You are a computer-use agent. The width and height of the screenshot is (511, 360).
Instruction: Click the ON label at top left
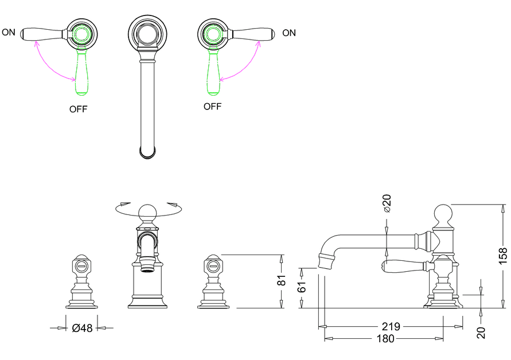pos(9,32)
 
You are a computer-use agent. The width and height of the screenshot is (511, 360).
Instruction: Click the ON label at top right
pos(289,33)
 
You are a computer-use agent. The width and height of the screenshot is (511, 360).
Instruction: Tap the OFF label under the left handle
pos(79,109)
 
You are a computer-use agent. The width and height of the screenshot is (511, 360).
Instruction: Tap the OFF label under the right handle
pos(212,107)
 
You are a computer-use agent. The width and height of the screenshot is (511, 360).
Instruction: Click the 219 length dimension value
pos(392,327)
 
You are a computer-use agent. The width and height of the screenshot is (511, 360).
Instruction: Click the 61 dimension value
pos(302,287)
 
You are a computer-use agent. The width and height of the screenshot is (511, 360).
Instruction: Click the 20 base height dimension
pos(481,332)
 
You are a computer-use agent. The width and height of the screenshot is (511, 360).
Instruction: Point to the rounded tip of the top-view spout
pos(147,152)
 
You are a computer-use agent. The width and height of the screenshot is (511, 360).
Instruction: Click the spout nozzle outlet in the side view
pos(325,261)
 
